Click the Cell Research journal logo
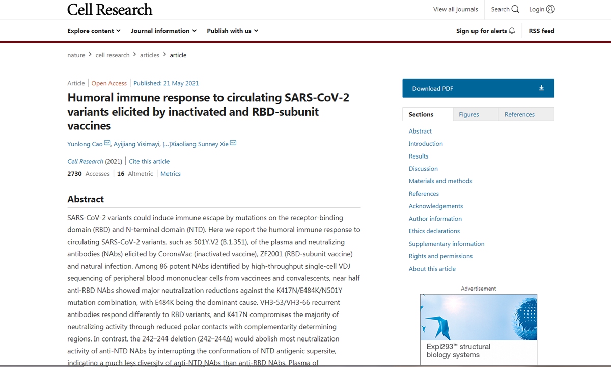(109, 9)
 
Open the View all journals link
(455, 9)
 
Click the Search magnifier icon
(515, 9)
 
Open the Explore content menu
(94, 31)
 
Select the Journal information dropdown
(163, 31)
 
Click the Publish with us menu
(232, 31)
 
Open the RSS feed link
(541, 31)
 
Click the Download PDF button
(478, 88)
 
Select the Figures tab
(468, 114)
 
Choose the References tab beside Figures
(519, 114)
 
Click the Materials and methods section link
(440, 181)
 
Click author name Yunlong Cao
(85, 144)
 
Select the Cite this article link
(149, 161)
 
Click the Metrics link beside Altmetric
(171, 174)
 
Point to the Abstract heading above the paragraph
(86, 199)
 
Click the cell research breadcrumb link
(113, 55)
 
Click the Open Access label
(109, 83)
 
